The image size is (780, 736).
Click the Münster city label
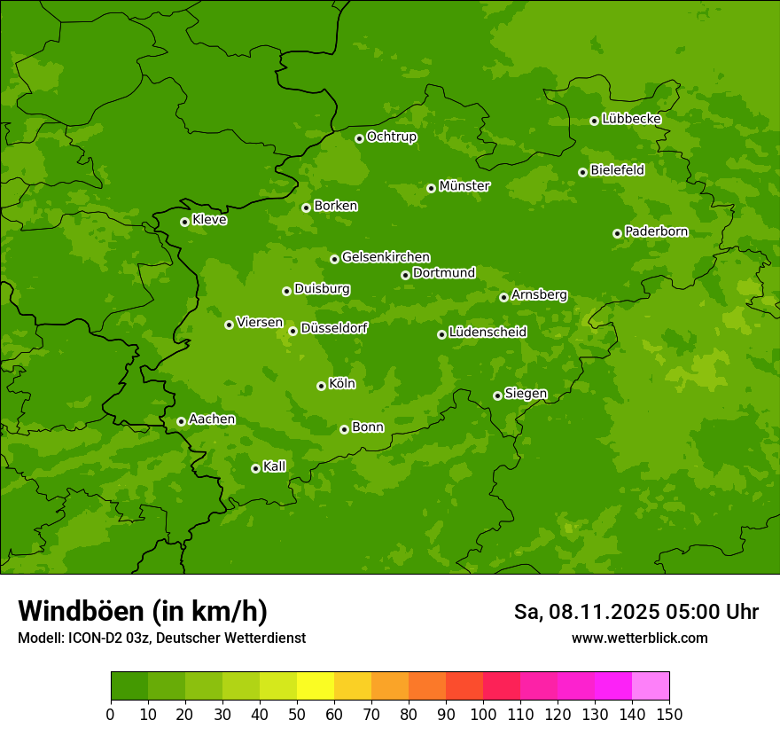pos(464,186)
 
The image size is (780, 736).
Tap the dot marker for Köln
pos(321,386)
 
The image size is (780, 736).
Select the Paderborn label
pos(656,231)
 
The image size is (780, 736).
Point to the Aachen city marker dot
pos(181,421)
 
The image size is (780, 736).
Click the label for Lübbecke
pos(631,119)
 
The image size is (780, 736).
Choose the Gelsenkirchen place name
pos(386,257)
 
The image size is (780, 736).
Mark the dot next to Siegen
pos(497,395)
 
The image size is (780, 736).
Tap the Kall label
pos(274,466)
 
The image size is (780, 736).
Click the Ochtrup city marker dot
pos(359,138)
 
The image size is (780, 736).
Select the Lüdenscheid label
pos(487,333)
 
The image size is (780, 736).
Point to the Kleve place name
pos(209,220)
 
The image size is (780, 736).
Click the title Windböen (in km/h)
pos(143,612)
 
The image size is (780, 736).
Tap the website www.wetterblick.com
pos(639,638)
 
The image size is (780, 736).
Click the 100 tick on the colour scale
pos(483,714)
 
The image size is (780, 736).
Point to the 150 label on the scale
pos(669,714)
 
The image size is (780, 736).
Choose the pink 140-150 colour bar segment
pos(651,686)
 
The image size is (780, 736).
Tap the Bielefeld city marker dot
pos(582,172)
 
